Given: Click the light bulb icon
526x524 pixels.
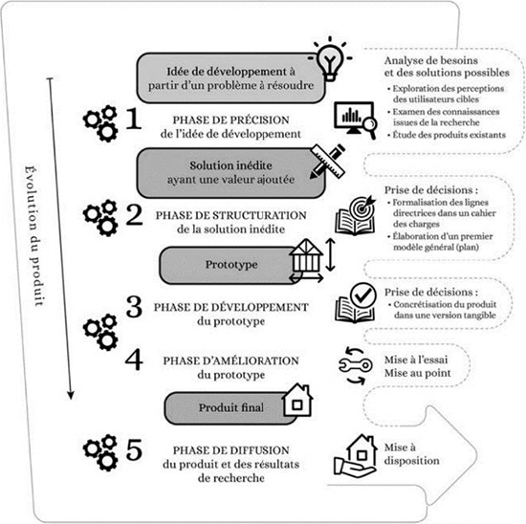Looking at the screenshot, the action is pos(330,59).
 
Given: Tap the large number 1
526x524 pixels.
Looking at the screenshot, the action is pos(134,118).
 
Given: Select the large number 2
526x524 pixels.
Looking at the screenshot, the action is pos(134,214).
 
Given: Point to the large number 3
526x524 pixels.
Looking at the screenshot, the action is pos(134,306).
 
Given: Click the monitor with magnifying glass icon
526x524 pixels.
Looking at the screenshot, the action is pos(356,120).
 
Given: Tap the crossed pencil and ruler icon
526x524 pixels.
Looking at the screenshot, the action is pos(328,162).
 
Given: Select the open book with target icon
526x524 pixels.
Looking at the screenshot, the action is pos(356,215).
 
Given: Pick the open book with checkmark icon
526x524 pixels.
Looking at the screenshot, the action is pos(356,302).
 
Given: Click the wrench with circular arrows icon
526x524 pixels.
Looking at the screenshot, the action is pos(356,365).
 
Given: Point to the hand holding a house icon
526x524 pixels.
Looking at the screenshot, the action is pos(356,455).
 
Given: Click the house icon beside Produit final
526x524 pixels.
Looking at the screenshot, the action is pos(297,401).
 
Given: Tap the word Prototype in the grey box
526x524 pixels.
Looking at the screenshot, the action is pos(231,265).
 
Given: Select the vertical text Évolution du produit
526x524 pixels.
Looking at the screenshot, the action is pos(33,235).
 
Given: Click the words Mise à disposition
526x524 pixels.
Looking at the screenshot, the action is pos(411,454).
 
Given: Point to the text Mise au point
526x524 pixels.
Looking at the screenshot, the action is pos(417,373).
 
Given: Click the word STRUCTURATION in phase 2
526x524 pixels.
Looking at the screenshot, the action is pos(259,215).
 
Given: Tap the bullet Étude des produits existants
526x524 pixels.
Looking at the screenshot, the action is pos(447,135).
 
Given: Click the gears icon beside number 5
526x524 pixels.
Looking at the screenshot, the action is pos(100,453).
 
